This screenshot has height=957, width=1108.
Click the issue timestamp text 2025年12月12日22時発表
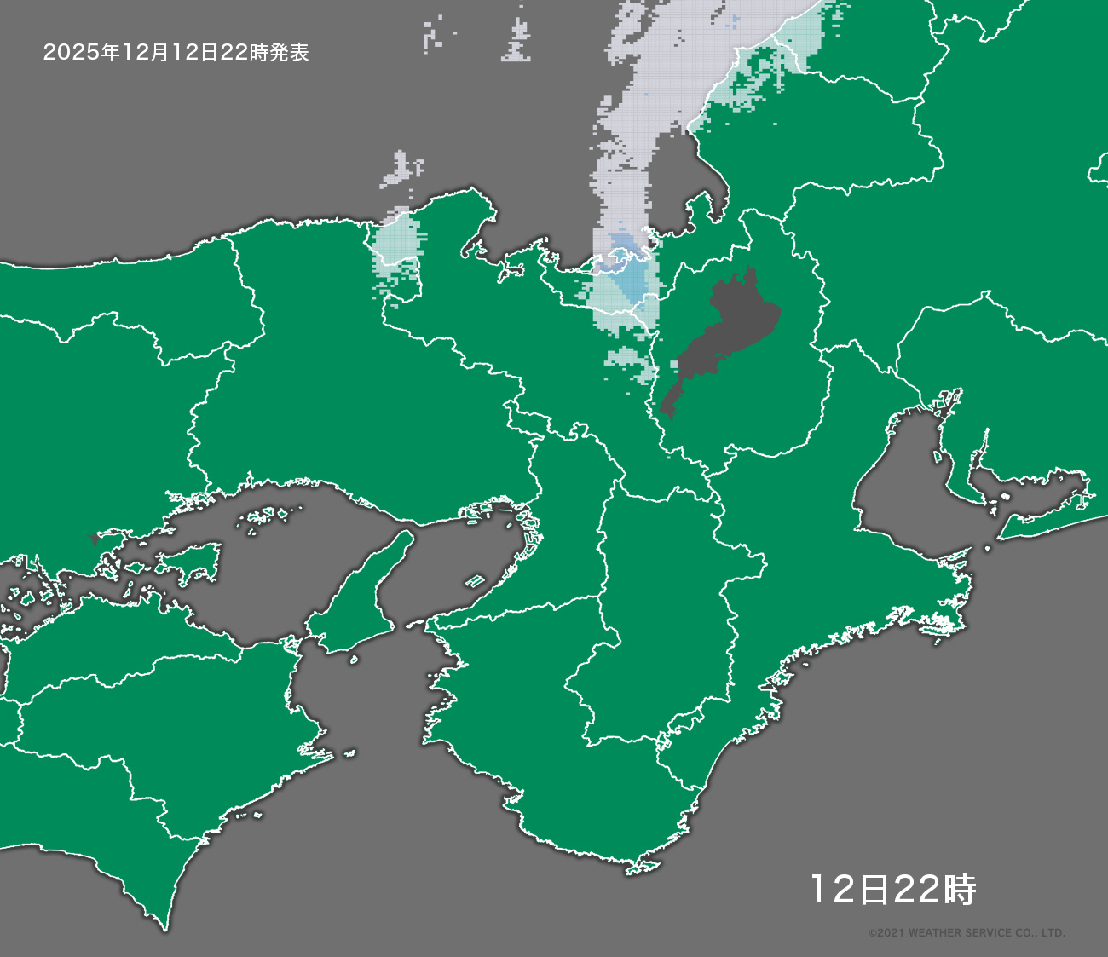click(x=176, y=53)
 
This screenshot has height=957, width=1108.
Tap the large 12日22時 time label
click(x=892, y=890)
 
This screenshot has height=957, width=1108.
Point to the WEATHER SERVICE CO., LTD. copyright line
click(x=967, y=933)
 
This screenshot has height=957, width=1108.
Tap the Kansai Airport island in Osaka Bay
click(x=475, y=582)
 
